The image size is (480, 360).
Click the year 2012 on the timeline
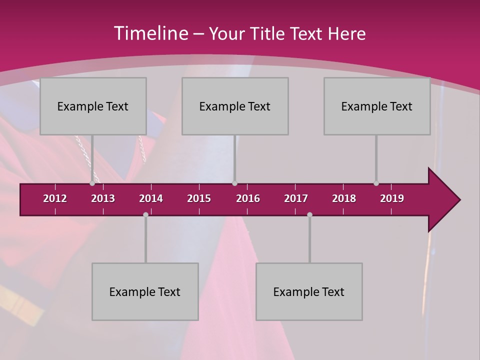pos(55,198)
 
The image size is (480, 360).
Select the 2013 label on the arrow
pos(103,198)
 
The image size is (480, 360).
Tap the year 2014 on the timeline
pos(151,198)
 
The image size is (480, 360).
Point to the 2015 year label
pos(199,198)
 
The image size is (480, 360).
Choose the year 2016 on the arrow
pos(248,198)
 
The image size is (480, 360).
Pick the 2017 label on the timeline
pos(296,198)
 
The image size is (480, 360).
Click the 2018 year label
pos(344,198)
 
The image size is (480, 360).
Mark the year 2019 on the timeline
pos(392,198)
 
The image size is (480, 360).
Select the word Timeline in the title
pos(150,33)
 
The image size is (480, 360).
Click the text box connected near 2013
pos(93,106)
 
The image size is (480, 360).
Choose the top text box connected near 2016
pos(235,106)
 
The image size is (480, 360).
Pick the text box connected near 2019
pos(377,106)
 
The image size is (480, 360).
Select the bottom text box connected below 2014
pos(145,291)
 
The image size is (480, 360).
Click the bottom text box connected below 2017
pos(309,291)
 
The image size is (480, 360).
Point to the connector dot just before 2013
pos(92,183)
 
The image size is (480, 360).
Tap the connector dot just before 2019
pos(376,183)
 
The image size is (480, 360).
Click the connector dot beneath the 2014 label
pos(145,214)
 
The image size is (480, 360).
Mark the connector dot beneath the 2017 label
pos(309,214)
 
